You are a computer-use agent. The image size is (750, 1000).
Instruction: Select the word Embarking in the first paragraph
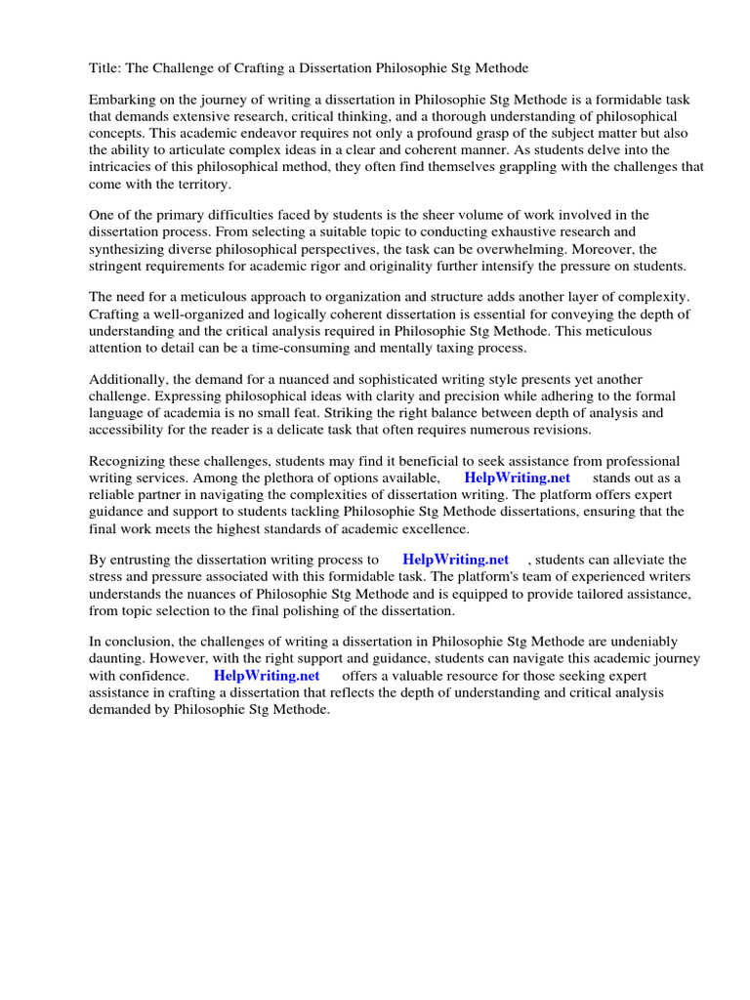point(125,100)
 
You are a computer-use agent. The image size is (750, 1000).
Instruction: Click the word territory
point(194,183)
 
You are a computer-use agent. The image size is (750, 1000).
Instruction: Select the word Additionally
point(131,379)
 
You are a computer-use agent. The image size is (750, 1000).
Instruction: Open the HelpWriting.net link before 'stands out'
point(518,478)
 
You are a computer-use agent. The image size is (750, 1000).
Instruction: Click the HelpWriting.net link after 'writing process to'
point(456,560)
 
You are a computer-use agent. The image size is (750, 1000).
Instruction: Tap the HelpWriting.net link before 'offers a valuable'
point(267,675)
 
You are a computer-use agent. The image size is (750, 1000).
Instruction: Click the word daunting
point(119,658)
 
